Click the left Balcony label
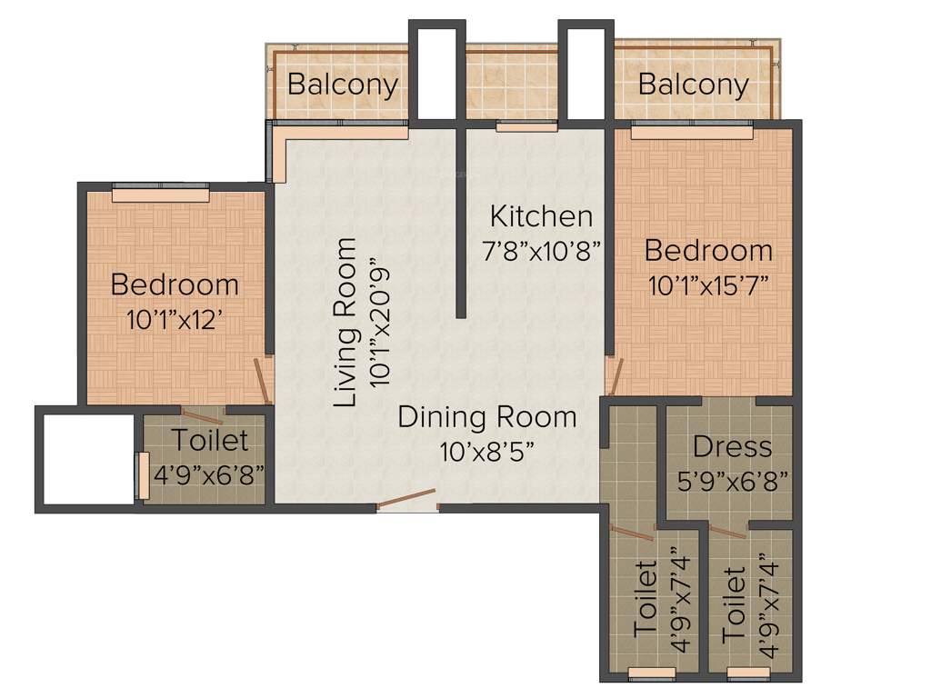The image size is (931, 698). pyautogui.click(x=343, y=85)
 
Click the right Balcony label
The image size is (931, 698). pyautogui.click(x=693, y=85)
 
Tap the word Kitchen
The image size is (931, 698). pyautogui.click(x=541, y=216)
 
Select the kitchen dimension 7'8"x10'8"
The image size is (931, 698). pyautogui.click(x=542, y=250)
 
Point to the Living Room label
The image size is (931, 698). pyautogui.click(x=345, y=322)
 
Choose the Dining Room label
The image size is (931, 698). pyautogui.click(x=487, y=417)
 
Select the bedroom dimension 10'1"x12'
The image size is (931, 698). pyautogui.click(x=174, y=319)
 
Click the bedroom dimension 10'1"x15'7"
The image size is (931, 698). pyautogui.click(x=708, y=283)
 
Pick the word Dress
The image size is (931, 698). pyautogui.click(x=732, y=446)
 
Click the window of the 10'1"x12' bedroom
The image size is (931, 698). pyautogui.click(x=161, y=193)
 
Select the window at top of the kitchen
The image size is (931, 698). pyautogui.click(x=526, y=126)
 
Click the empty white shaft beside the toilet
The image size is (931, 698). pyautogui.click(x=87, y=454)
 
